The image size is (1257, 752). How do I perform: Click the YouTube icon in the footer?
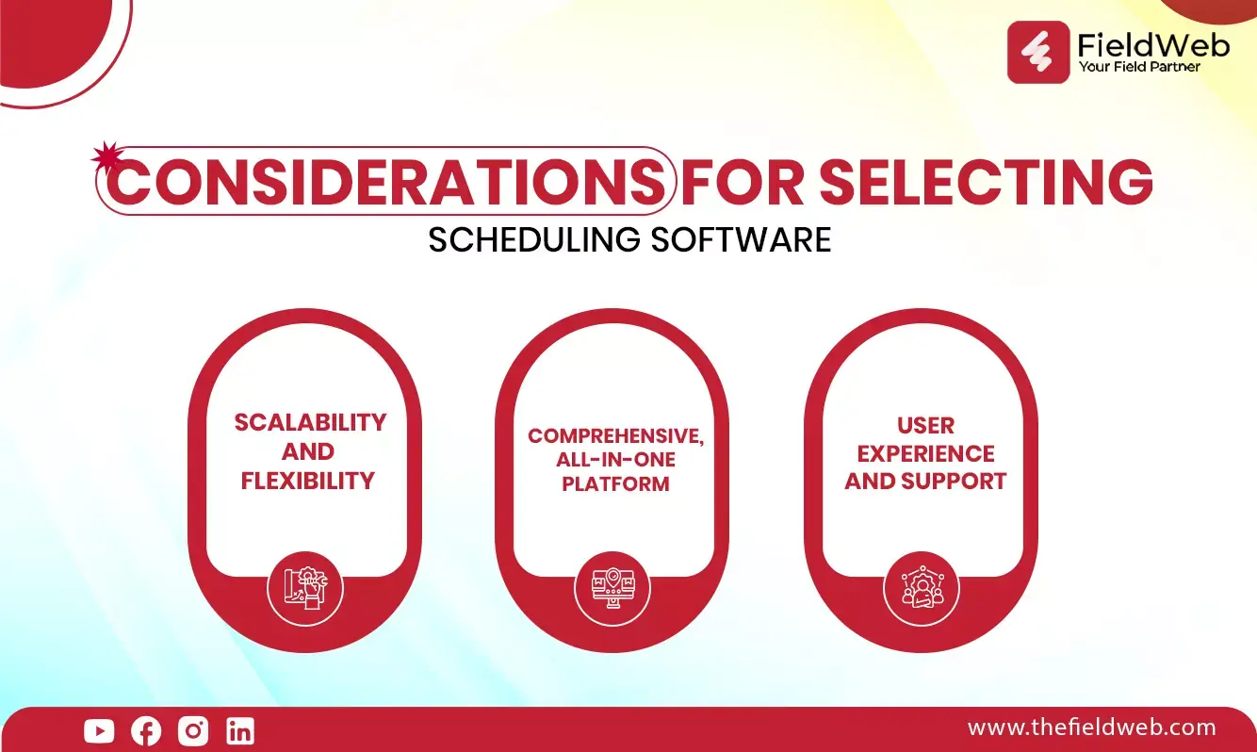pyautogui.click(x=99, y=730)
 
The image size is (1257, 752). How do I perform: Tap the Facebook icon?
pyautogui.click(x=146, y=730)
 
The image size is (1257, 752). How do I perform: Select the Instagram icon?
pyautogui.click(x=193, y=730)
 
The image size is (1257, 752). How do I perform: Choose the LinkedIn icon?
pyautogui.click(x=240, y=730)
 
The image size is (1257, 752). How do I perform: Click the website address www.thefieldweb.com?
pyautogui.click(x=1091, y=727)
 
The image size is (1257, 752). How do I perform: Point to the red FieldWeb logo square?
pyautogui.click(x=1038, y=52)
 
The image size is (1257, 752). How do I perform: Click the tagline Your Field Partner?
pyautogui.click(x=1139, y=67)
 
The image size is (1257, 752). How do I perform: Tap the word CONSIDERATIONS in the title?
pyautogui.click(x=386, y=182)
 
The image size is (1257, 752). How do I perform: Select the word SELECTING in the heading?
pyautogui.click(x=986, y=182)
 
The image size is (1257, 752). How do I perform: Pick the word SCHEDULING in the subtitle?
pyautogui.click(x=533, y=239)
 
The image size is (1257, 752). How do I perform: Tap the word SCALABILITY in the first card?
pyautogui.click(x=310, y=422)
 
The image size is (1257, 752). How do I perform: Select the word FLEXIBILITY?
pyautogui.click(x=307, y=481)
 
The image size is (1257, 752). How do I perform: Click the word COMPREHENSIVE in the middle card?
pyautogui.click(x=615, y=436)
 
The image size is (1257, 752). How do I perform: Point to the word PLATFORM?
pyautogui.click(x=615, y=483)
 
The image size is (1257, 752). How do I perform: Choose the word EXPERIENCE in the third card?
pyautogui.click(x=926, y=453)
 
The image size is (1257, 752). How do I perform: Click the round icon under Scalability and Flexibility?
pyautogui.click(x=305, y=589)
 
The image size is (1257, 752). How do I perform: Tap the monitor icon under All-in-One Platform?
pyautogui.click(x=612, y=589)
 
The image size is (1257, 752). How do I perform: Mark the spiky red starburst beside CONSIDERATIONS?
pyautogui.click(x=106, y=156)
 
